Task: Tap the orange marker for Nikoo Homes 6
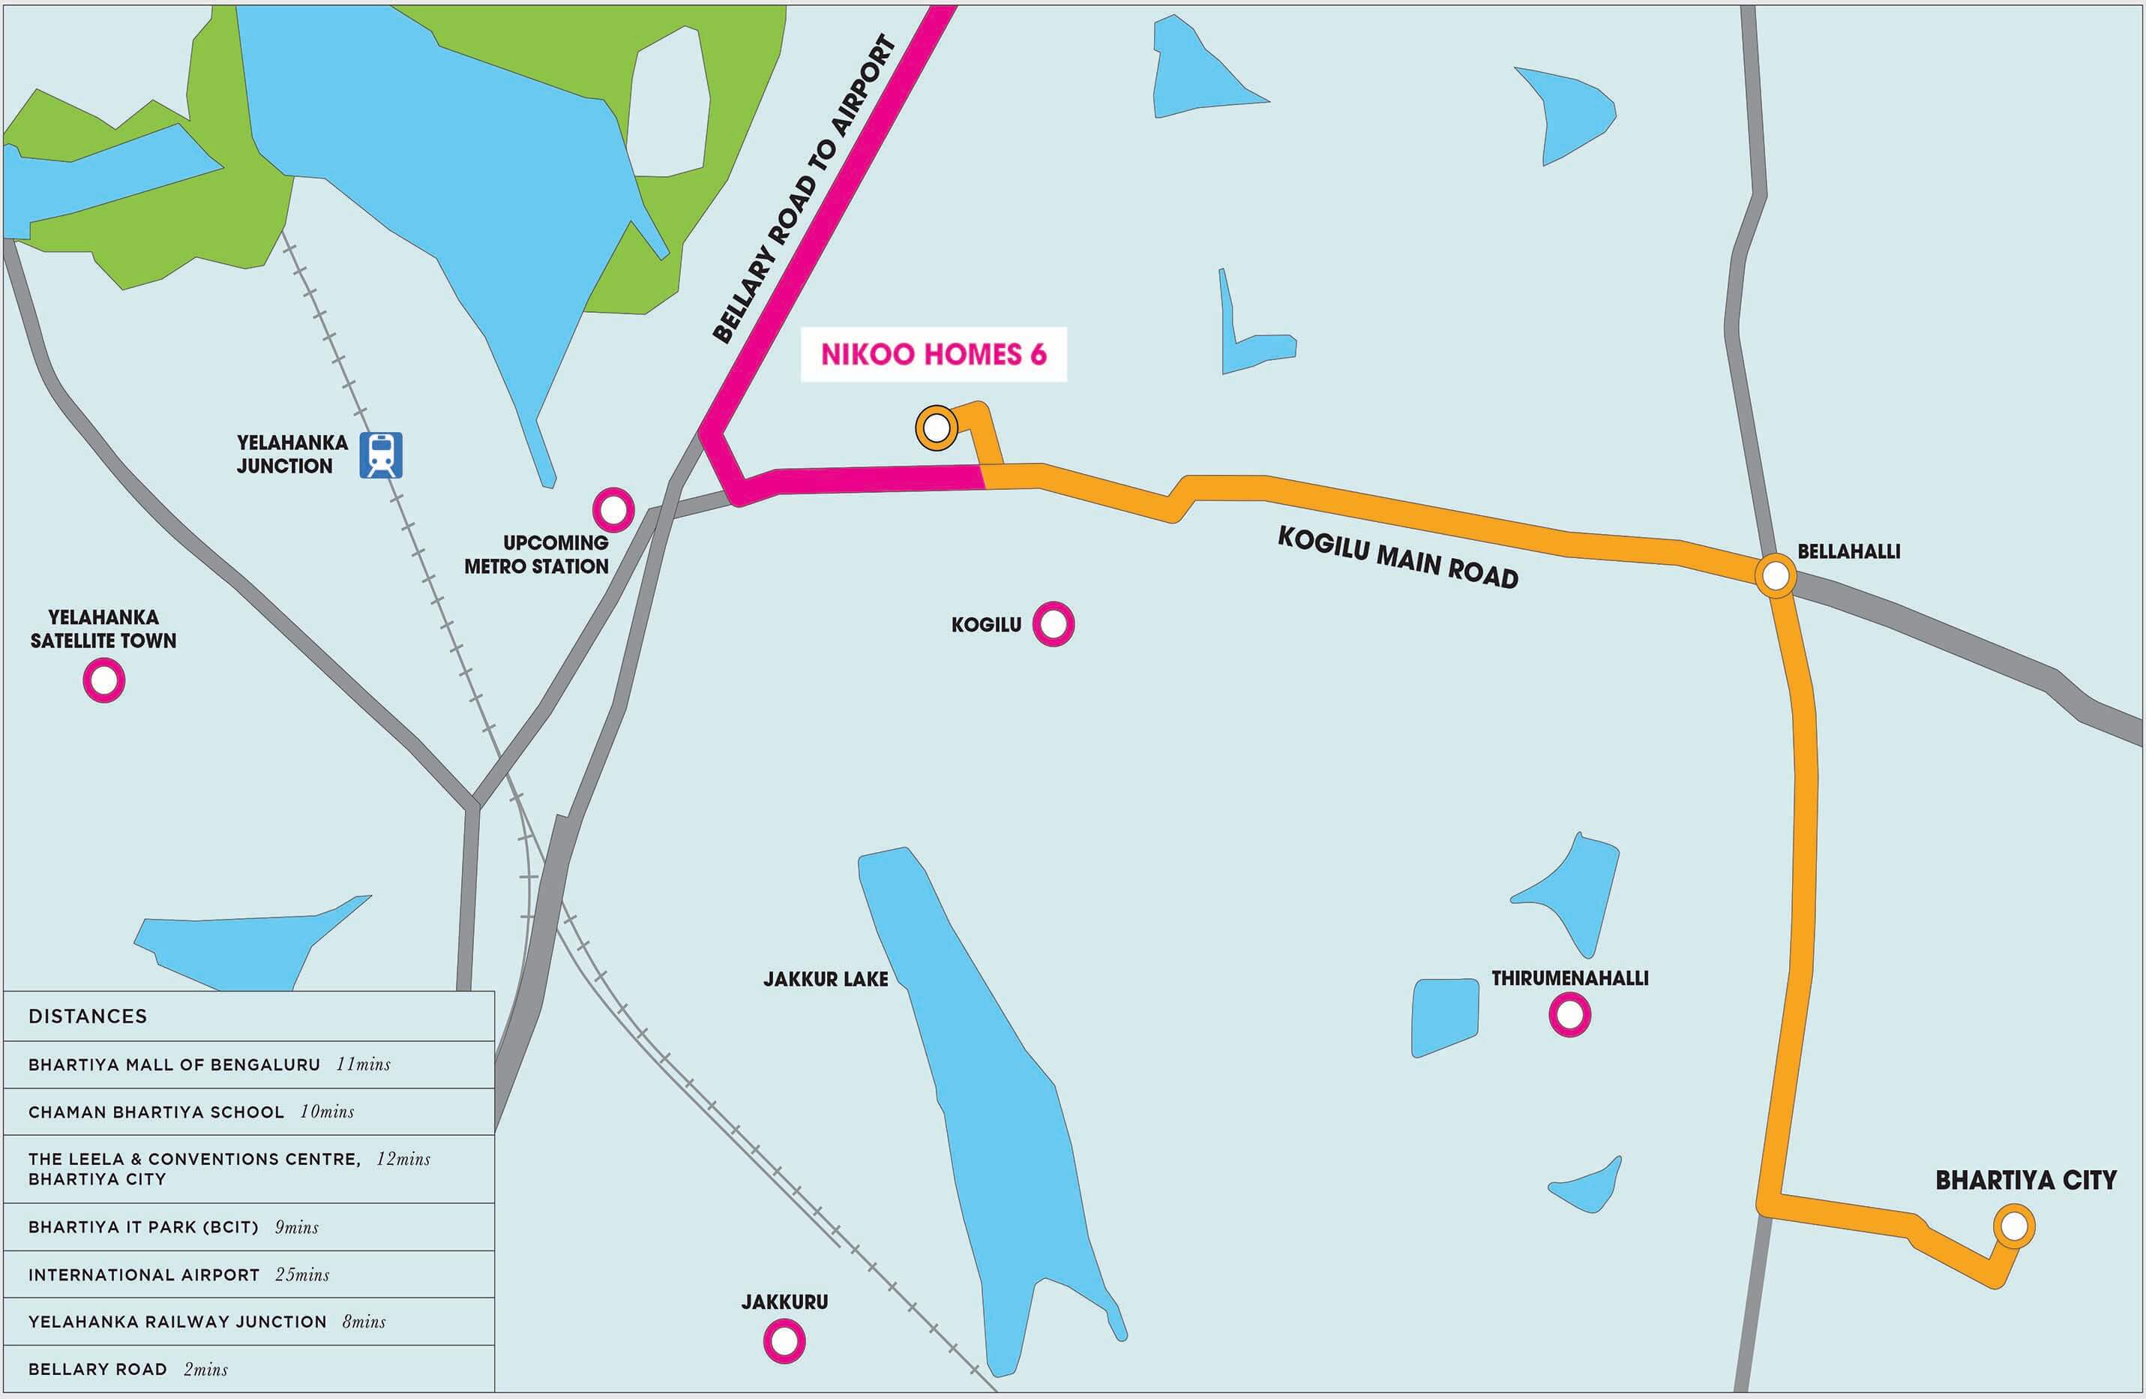937,428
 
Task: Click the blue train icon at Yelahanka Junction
380,455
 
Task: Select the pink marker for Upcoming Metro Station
613,509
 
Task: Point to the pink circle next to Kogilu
1054,623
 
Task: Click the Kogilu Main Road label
1398,558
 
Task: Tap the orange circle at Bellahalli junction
1776,575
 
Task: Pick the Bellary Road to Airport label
805,191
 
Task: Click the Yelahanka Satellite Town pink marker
103,680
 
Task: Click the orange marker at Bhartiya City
2013,1226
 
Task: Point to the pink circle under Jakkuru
784,1341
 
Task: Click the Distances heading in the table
88,1016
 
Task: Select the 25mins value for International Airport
302,1274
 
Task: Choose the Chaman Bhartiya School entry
156,1112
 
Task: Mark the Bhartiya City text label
2025,1180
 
